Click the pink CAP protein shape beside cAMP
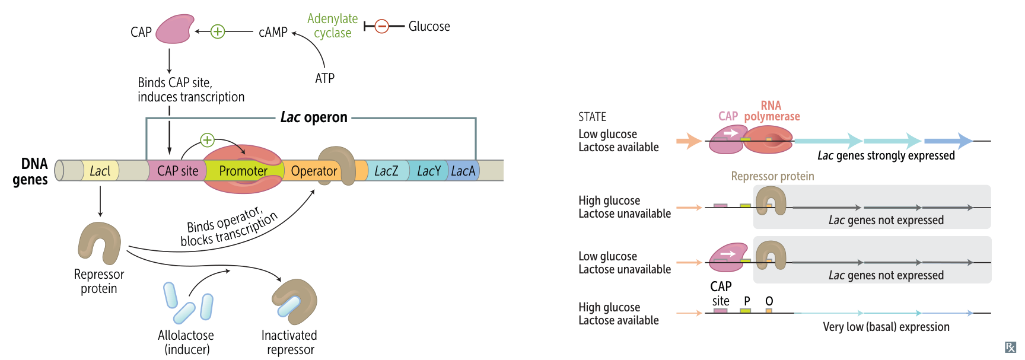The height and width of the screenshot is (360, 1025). coord(174,30)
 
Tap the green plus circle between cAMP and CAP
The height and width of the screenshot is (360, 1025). coord(218,31)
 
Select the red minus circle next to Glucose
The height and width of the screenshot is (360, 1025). coord(382,26)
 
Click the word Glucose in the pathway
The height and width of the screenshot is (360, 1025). coord(429,27)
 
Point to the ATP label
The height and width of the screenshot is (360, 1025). coord(324,78)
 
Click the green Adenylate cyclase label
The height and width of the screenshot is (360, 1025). coord(332,26)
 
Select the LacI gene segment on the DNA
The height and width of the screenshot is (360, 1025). coord(100,171)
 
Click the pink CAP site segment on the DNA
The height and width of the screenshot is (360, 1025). coord(177,171)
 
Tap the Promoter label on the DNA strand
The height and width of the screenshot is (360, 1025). coord(243,171)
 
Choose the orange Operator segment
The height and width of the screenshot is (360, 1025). coord(313,171)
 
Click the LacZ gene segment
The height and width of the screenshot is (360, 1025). coord(386,171)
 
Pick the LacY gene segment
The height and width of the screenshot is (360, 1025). coord(428,171)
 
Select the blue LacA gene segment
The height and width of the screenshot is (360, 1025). coord(463,171)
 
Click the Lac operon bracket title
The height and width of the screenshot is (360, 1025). coord(314,117)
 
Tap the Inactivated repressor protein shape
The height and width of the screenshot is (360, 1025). coord(295,301)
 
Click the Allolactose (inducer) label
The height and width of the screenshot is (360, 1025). coord(186,342)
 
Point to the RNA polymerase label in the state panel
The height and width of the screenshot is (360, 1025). coord(772,111)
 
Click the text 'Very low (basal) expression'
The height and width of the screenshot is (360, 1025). coord(886,327)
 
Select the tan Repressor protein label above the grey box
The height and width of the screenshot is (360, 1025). coord(772,176)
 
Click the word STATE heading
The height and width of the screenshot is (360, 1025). coord(592,117)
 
